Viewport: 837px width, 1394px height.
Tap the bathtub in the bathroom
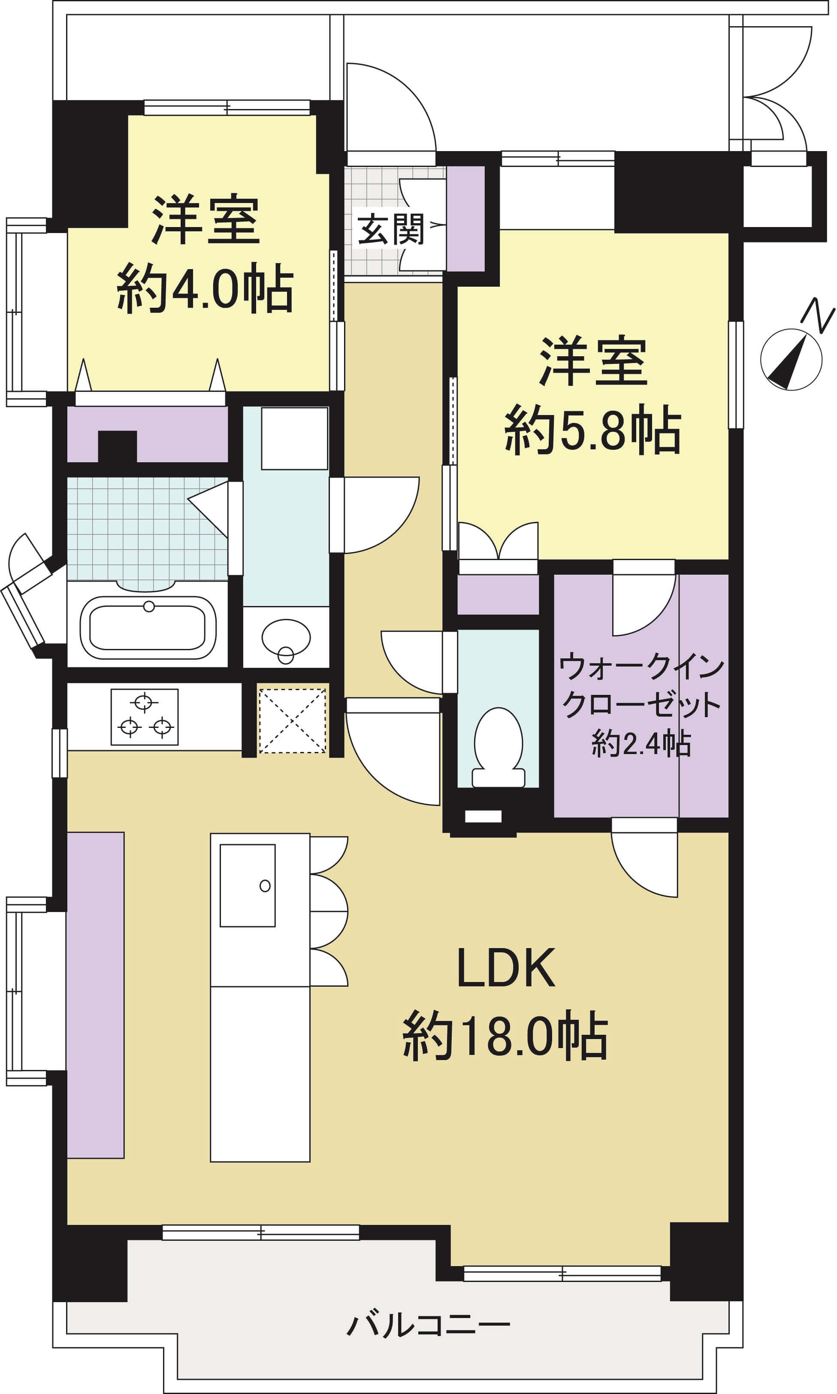coord(148,627)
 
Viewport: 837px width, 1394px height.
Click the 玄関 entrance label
coord(391,229)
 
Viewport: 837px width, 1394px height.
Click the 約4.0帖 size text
coord(205,288)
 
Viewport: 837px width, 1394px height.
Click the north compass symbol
coord(791,359)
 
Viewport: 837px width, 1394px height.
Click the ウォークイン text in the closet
coord(641,667)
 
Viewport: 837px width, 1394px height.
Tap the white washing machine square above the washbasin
coord(294,438)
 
